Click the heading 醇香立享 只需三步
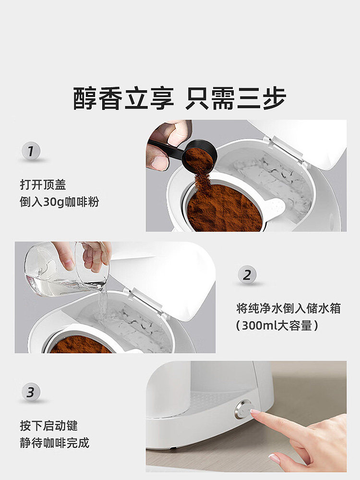pyautogui.click(x=180, y=98)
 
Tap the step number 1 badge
pyautogui.click(x=31, y=153)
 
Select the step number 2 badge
pyautogui.click(x=247, y=276)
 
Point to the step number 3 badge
pyautogui.click(x=31, y=392)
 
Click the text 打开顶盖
pyautogui.click(x=43, y=185)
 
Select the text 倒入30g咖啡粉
pyautogui.click(x=59, y=202)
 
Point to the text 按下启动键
pyautogui.click(x=48, y=425)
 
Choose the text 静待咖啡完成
pyautogui.click(x=54, y=443)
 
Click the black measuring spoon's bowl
pyautogui.click(x=199, y=156)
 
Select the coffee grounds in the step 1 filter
pyautogui.click(x=223, y=209)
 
